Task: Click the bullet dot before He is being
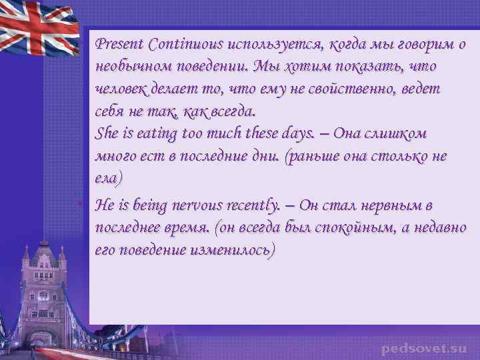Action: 89,200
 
